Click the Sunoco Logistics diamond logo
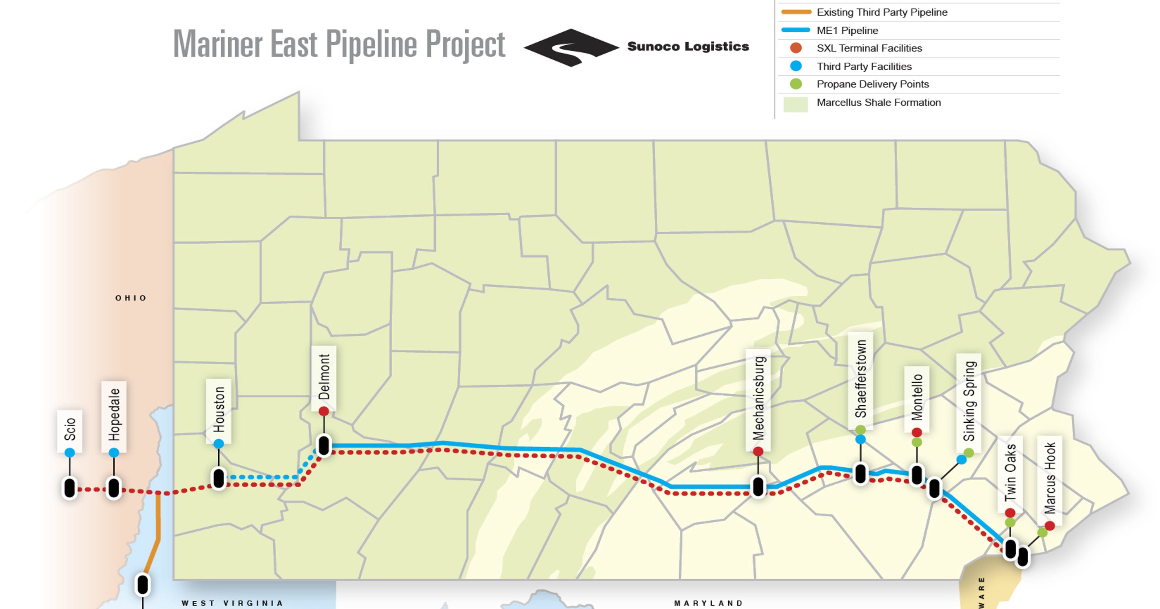point(571,47)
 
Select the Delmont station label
point(324,377)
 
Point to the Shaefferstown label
point(861,379)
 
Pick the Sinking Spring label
point(969,401)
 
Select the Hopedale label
point(114,414)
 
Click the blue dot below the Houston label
point(218,444)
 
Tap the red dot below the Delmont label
point(324,411)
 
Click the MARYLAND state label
point(708,603)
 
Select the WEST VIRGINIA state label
point(232,603)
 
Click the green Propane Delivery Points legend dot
point(796,84)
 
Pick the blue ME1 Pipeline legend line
point(796,30)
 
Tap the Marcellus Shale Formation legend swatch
point(796,103)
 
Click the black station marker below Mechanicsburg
point(758,486)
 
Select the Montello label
point(917,397)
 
